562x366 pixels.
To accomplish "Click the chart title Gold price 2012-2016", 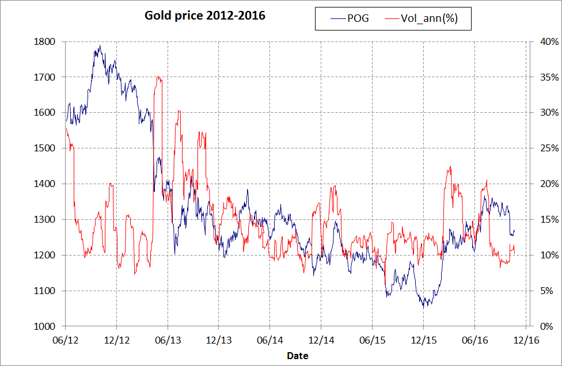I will pos(204,16).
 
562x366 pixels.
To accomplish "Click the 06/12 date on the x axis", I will pos(65,340).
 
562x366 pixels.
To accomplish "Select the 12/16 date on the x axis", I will pos(526,340).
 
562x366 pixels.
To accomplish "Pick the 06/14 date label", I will pos(269,340).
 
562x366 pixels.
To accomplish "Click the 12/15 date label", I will pos(423,340).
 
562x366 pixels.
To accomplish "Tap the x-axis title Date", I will pos(298,356).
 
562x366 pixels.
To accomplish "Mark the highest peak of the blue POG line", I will pos(100,46).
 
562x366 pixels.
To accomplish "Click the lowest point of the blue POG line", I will pos(424,307).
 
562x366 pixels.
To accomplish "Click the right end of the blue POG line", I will pos(514,230).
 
